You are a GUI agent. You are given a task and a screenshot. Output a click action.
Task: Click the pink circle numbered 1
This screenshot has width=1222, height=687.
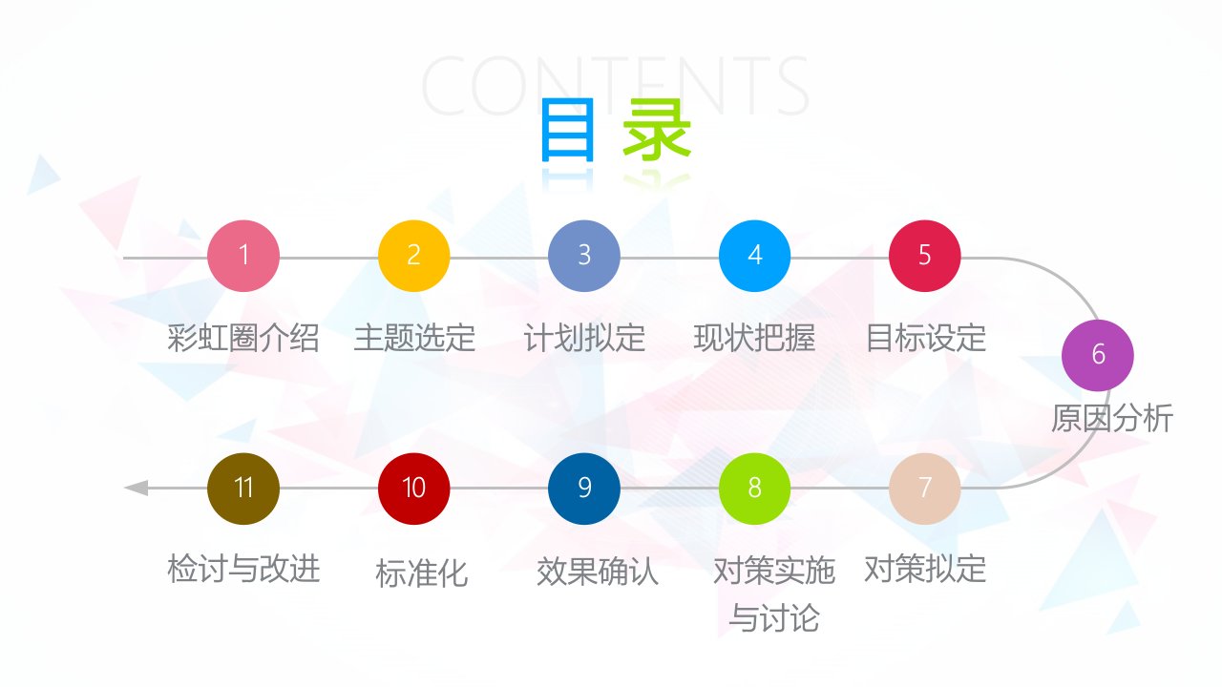[243, 256]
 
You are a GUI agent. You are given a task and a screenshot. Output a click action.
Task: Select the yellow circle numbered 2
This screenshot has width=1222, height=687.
[413, 256]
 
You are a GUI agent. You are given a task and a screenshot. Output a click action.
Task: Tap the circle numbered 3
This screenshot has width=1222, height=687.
[583, 256]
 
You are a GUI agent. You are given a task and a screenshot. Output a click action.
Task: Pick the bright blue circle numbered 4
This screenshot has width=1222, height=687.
[754, 256]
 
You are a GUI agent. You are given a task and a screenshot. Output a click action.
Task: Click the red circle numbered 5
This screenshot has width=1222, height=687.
[925, 256]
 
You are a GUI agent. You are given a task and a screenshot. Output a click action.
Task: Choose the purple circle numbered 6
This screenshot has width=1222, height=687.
[1098, 355]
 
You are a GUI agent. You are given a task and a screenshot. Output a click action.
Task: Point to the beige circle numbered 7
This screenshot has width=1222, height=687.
[925, 489]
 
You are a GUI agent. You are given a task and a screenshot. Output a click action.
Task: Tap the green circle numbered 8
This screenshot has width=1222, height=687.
[754, 489]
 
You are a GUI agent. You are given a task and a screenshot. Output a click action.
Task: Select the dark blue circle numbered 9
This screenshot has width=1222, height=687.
[583, 489]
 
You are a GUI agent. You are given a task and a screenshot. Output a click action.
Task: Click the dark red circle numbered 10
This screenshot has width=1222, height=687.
[413, 489]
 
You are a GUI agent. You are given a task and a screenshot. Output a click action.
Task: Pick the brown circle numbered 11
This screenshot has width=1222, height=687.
[243, 489]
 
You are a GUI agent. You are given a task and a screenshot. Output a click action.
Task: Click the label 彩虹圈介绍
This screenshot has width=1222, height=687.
[243, 338]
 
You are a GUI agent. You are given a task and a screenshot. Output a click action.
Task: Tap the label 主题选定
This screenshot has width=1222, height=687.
[414, 338]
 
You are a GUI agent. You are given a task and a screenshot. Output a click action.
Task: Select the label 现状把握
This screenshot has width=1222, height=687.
[754, 338]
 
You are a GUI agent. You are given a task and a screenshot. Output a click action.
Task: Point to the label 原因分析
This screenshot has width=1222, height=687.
[1112, 418]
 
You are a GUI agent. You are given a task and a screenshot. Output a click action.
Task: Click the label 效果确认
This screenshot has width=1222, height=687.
[598, 572]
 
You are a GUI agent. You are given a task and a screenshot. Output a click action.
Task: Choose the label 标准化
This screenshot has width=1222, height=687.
[422, 573]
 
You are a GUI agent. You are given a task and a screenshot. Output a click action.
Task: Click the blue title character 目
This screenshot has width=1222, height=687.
[567, 130]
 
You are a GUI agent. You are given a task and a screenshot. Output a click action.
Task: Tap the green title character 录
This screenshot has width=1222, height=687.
[657, 130]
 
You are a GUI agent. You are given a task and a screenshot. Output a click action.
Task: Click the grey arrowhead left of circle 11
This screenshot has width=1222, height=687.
[137, 488]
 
